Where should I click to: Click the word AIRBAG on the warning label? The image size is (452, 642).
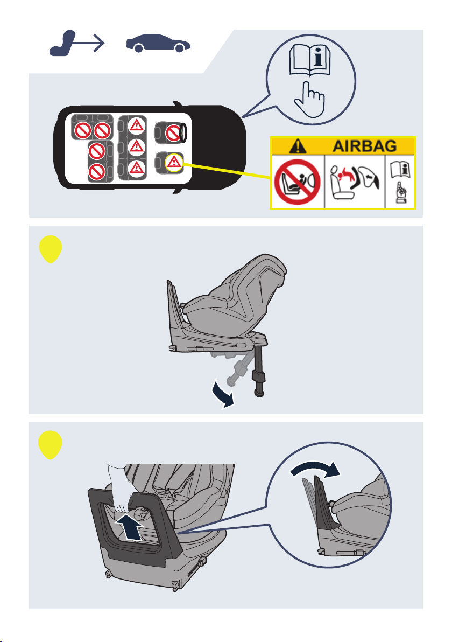[x=364, y=146]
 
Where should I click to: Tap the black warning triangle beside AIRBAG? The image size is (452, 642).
[x=298, y=146]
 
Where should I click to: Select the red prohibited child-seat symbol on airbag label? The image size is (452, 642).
[x=297, y=182]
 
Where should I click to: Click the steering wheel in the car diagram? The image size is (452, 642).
[x=183, y=132]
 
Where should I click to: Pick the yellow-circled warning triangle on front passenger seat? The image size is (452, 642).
[x=174, y=163]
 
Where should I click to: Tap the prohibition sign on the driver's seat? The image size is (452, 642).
[x=173, y=132]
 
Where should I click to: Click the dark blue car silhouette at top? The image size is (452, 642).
[x=158, y=43]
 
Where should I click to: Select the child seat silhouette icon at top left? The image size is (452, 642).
[x=62, y=43]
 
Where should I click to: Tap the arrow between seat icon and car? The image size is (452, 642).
[x=89, y=43]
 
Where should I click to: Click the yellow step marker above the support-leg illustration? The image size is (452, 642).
[x=51, y=249]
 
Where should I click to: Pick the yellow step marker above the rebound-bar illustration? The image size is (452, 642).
[x=51, y=445]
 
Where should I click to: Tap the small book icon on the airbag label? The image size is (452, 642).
[x=400, y=170]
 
